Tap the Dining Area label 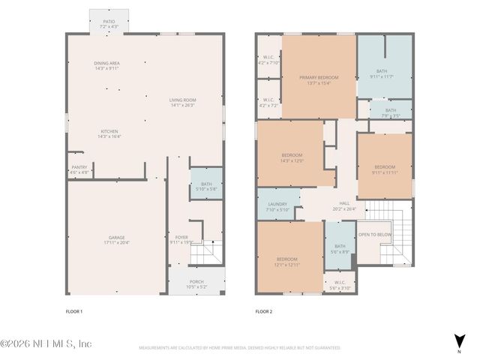106,65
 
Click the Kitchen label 108,133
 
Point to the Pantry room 79,169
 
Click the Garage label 116,240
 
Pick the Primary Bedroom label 319,79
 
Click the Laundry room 277,207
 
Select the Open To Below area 374,235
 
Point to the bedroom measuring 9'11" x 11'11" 384,169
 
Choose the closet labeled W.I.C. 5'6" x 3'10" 340,286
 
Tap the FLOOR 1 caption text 74,311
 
